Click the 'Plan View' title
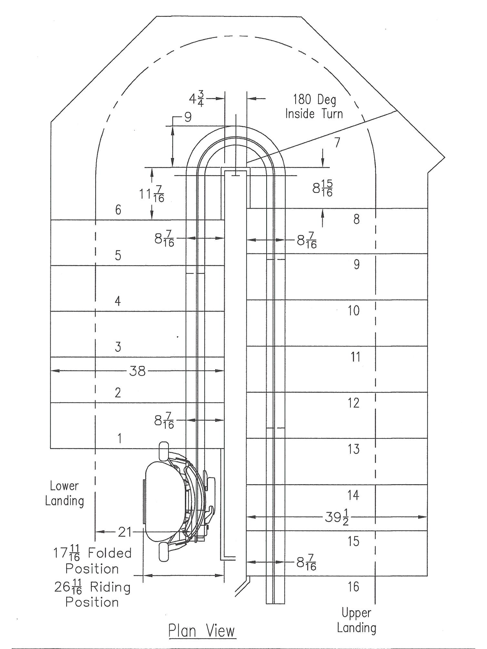point(202,631)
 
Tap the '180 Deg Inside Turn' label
point(314,106)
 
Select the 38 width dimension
point(138,371)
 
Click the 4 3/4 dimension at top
point(197,99)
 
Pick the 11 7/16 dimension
point(152,194)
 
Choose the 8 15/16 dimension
point(323,188)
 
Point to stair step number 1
point(119,438)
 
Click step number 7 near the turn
point(337,142)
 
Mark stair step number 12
point(354,403)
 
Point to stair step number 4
point(118,301)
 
